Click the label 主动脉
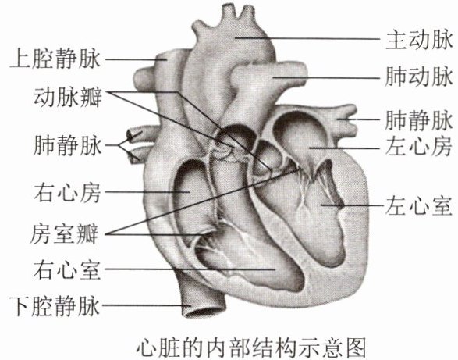point(419,41)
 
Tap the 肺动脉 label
point(419,77)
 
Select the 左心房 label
point(419,147)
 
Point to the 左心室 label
point(419,206)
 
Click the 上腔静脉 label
point(55,59)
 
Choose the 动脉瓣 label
point(68,97)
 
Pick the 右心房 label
point(67,193)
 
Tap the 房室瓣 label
point(65,234)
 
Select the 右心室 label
point(67,270)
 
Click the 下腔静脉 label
point(55,306)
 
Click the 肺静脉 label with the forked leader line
point(68,145)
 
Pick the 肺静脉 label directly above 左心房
point(419,120)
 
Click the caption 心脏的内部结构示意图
point(251,348)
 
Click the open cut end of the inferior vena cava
point(204,310)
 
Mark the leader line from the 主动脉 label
point(307,38)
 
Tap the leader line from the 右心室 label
point(190,269)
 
